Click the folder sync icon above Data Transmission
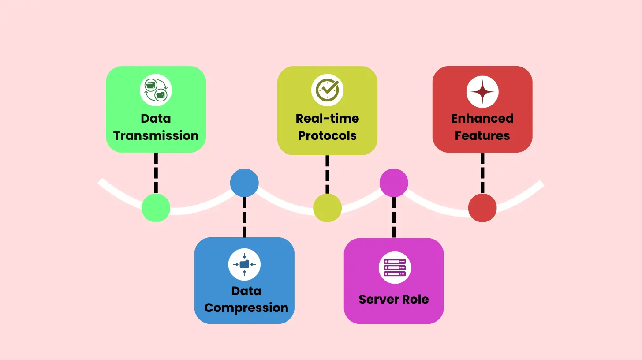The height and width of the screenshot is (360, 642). click(x=156, y=90)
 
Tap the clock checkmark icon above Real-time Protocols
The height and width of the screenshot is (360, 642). click(x=327, y=90)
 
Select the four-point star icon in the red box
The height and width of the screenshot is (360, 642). click(x=482, y=92)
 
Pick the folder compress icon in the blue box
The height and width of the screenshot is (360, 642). click(x=244, y=264)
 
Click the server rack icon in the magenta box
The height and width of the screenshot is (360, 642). click(x=395, y=267)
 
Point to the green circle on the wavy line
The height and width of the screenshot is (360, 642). click(x=156, y=208)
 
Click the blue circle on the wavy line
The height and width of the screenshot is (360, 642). click(x=244, y=183)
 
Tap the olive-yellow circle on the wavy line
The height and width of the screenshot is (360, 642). click(x=327, y=208)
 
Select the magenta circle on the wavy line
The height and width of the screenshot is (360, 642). click(x=394, y=183)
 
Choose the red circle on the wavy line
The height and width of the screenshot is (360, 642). click(x=482, y=208)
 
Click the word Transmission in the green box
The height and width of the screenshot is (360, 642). click(x=156, y=135)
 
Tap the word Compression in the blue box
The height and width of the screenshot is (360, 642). click(x=246, y=307)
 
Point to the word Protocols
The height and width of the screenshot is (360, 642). click(x=327, y=135)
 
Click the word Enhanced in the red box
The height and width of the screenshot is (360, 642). click(x=482, y=118)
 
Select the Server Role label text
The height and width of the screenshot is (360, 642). click(x=394, y=299)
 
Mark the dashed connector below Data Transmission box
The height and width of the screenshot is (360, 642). click(x=156, y=173)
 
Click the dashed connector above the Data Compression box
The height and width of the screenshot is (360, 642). click(x=244, y=217)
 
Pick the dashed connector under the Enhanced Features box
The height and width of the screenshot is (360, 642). click(x=482, y=173)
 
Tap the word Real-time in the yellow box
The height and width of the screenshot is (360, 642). click(x=327, y=118)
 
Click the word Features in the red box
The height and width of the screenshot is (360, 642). click(x=482, y=135)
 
